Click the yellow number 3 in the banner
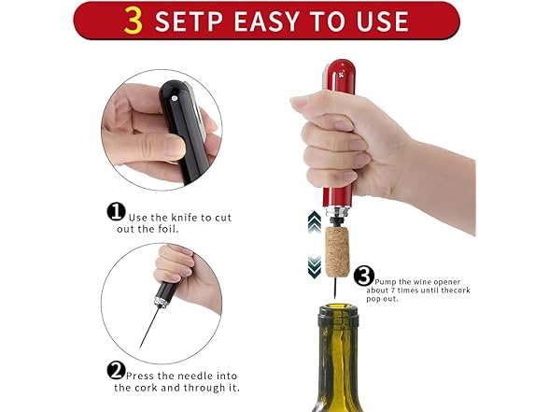[x=134, y=21]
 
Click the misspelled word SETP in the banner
[x=189, y=21]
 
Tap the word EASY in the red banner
[x=269, y=21]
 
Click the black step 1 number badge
[x=116, y=212]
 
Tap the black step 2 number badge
[x=116, y=371]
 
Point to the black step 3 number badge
[x=364, y=277]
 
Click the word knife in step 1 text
[x=184, y=218]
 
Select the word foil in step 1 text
[x=169, y=229]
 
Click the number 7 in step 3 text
[x=393, y=291]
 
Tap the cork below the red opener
[x=338, y=251]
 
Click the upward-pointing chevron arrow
[x=315, y=221]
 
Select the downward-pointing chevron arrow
[x=315, y=267]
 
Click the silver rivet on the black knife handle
[x=174, y=98]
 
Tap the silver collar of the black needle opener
[x=162, y=303]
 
